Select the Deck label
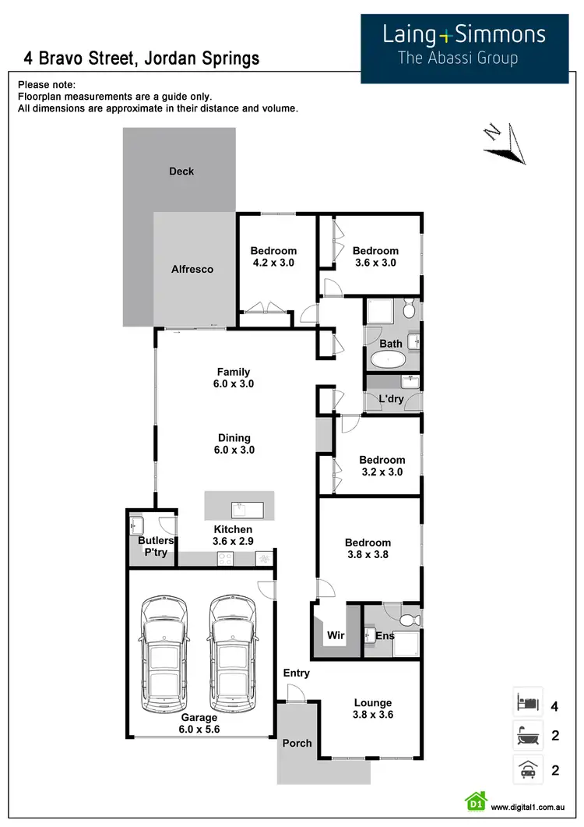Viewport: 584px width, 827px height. coord(181,171)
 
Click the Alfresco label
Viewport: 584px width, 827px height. coord(192,270)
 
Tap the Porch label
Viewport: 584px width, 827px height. coord(297,743)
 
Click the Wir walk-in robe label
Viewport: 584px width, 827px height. coord(335,636)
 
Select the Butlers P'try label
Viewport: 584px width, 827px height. coord(156,546)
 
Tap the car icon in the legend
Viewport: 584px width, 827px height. coord(527,770)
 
